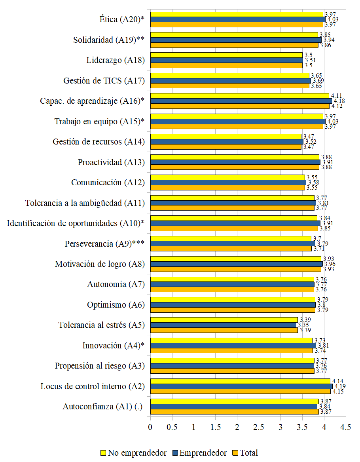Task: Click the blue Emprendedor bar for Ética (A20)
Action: coord(237,19)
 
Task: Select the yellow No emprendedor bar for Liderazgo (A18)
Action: coord(226,55)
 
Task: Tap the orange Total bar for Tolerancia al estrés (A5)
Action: coord(224,330)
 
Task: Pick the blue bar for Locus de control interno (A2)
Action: coord(241,386)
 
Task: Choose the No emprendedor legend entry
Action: coord(133,453)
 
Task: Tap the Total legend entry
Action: coord(244,453)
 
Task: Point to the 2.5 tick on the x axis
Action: coord(259,428)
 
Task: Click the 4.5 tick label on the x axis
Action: coord(346,428)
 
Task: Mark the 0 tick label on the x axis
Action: coord(150,428)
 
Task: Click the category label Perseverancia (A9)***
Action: coord(104,244)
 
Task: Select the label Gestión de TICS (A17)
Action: coord(104,81)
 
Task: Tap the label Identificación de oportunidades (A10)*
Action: coord(76,223)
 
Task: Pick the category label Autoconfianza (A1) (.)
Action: coord(103,407)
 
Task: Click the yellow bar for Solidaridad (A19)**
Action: coord(234,35)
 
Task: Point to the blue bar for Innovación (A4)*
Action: coord(233,346)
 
